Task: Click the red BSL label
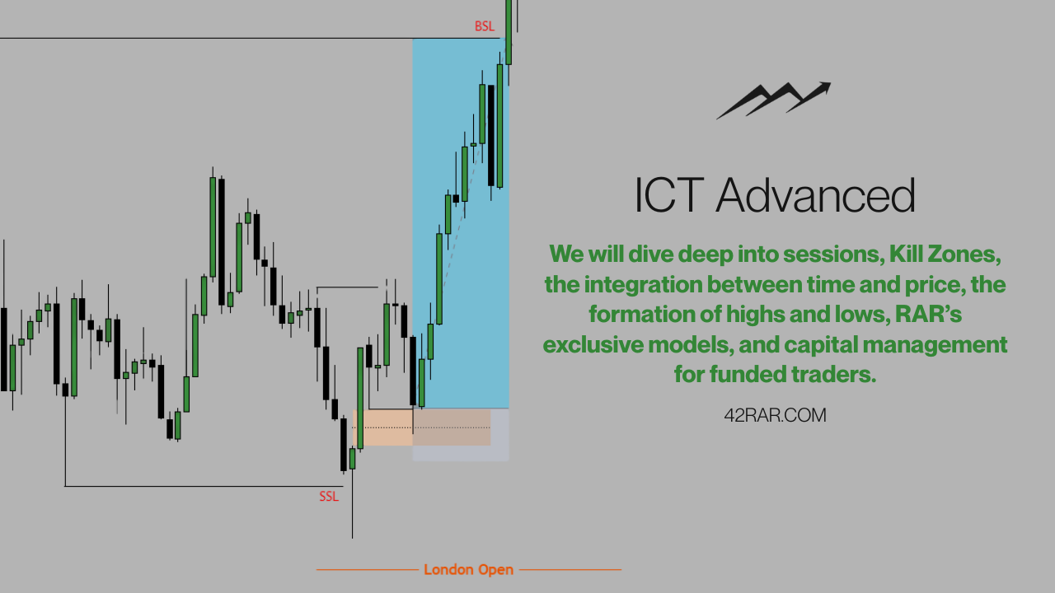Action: pyautogui.click(x=485, y=26)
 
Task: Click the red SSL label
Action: pyautogui.click(x=329, y=497)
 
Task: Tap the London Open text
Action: pyautogui.click(x=468, y=570)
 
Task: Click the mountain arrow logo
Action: pyautogui.click(x=772, y=100)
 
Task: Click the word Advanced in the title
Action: pyautogui.click(x=816, y=196)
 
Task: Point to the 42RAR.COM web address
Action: pyautogui.click(x=775, y=416)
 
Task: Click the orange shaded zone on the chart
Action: pyautogui.click(x=383, y=428)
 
